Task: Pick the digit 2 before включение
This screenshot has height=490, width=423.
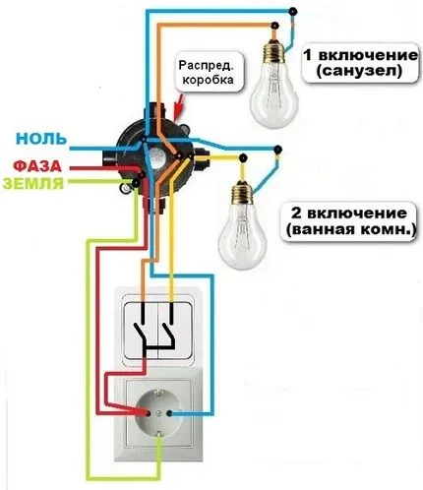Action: click(295, 213)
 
